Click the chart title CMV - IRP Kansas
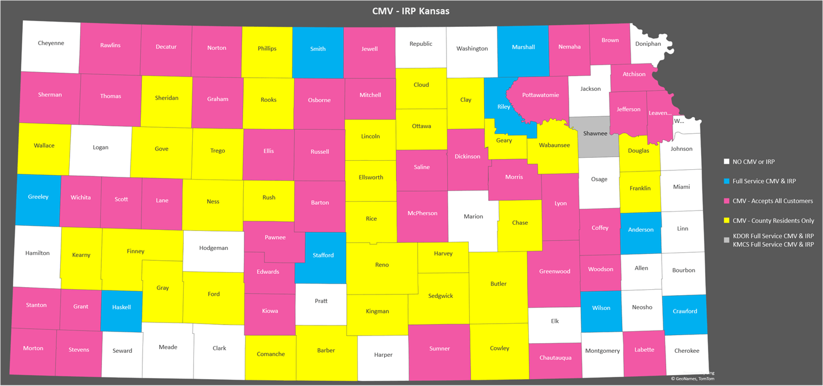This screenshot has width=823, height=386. point(411,11)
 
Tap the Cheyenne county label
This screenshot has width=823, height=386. point(51,43)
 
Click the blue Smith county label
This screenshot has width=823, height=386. point(318,49)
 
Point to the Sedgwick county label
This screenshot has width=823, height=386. point(440,296)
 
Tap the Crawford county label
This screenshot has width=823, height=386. point(684,311)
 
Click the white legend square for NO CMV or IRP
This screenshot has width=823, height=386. point(727,162)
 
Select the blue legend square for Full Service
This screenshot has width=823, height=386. point(727,181)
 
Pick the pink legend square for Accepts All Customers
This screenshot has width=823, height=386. point(727,201)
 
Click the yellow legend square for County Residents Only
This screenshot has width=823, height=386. point(727,220)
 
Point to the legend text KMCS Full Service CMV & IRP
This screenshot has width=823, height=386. point(773,244)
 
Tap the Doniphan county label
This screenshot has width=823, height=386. point(648,43)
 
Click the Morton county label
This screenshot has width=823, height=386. point(33,348)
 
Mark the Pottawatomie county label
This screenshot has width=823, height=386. point(540,95)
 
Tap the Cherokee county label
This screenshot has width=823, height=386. point(686,351)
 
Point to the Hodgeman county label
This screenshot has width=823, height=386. point(213,248)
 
